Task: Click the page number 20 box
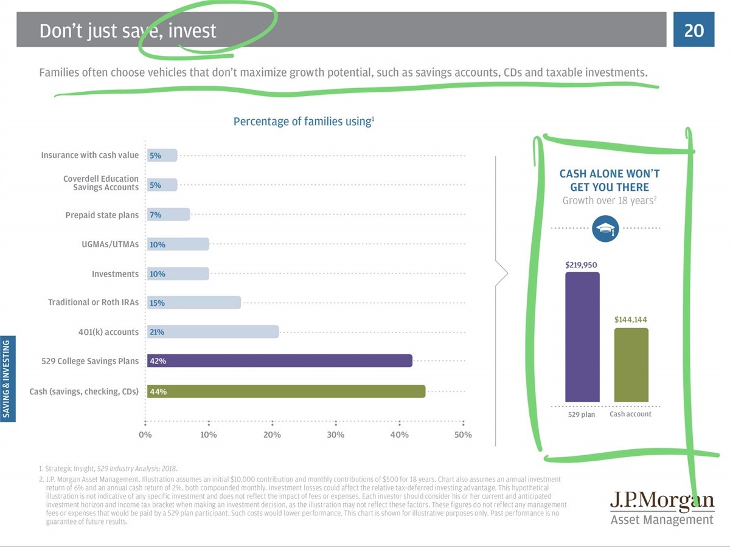point(693,29)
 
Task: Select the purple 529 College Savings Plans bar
point(279,360)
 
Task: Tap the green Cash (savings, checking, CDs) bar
point(286,391)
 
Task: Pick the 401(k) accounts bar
point(212,332)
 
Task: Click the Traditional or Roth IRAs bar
point(193,302)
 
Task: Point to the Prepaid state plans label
point(102,215)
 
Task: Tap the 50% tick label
point(462,435)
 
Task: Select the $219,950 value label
point(582,265)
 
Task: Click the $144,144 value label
point(631,319)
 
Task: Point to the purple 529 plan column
point(582,337)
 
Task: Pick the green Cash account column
point(631,365)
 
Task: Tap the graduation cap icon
point(605,229)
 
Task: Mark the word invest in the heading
point(192,30)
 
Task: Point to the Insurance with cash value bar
point(162,155)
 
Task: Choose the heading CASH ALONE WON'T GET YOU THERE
point(609,181)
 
